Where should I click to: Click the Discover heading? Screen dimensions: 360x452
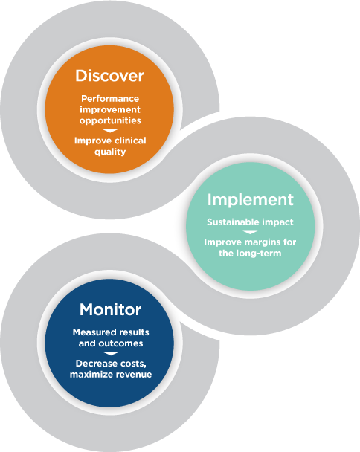pyautogui.click(x=109, y=76)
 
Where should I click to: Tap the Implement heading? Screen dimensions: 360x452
pyautogui.click(x=251, y=200)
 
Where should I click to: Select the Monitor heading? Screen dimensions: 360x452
pyautogui.click(x=111, y=309)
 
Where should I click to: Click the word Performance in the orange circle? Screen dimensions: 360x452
pyautogui.click(x=110, y=99)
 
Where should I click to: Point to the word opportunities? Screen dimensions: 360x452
pyautogui.click(x=110, y=120)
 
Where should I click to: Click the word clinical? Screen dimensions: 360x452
pyautogui.click(x=129, y=141)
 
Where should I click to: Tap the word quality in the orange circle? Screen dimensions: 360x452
pyautogui.click(x=110, y=152)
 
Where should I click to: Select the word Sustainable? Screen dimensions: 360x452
pyautogui.click(x=231, y=222)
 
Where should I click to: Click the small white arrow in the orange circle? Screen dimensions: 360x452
pyautogui.click(x=110, y=131)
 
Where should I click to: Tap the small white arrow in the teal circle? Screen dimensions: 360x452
pyautogui.click(x=250, y=232)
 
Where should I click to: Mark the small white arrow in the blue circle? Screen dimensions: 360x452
pyautogui.click(x=111, y=353)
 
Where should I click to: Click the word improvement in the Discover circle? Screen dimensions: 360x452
pyautogui.click(x=110, y=110)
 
